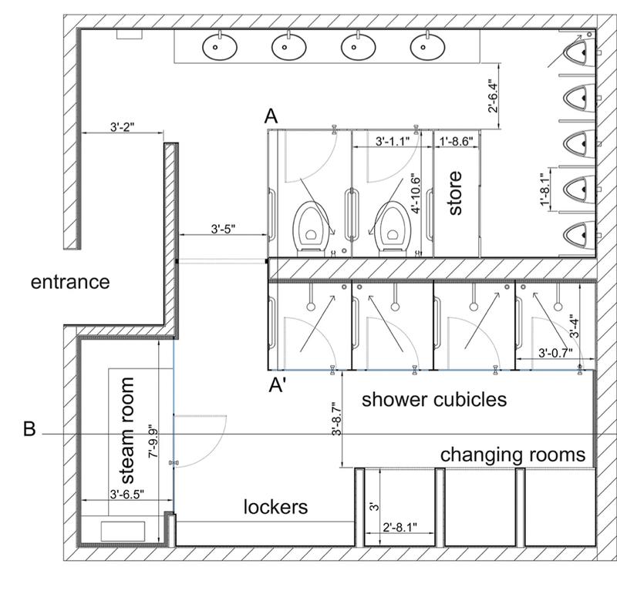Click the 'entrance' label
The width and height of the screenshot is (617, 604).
(70, 282)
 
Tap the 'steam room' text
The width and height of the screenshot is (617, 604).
(127, 431)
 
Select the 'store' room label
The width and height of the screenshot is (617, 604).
(455, 193)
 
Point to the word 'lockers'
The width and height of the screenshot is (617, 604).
(275, 506)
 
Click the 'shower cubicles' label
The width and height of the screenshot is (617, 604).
(434, 400)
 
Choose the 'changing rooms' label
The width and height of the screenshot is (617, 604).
(513, 455)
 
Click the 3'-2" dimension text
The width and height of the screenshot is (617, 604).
(123, 127)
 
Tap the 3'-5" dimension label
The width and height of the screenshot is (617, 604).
(223, 229)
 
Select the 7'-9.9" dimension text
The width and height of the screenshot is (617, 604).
(153, 441)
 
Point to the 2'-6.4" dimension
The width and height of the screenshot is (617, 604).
(493, 96)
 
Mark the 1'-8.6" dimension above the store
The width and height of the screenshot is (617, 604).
(456, 141)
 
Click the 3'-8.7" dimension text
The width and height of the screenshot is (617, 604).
(336, 418)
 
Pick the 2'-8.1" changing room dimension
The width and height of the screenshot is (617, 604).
(400, 527)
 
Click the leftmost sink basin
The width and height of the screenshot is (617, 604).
(220, 47)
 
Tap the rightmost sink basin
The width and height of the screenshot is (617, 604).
(427, 47)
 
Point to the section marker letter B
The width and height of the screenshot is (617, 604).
(29, 429)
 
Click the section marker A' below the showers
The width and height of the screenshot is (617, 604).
(277, 385)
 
